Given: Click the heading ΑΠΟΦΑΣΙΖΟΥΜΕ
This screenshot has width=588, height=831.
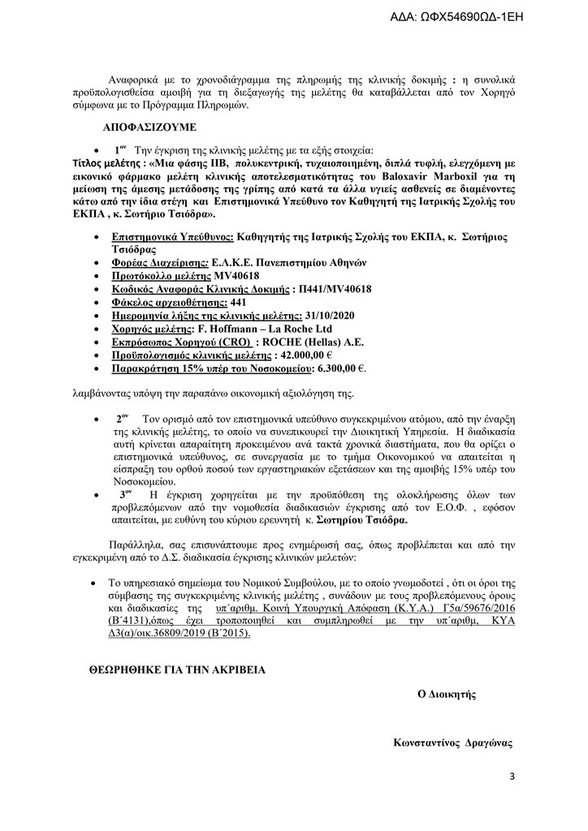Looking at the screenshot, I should pyautogui.click(x=150, y=128).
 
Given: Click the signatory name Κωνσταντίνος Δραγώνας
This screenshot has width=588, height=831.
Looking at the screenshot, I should pyautogui.click(x=452, y=742).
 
